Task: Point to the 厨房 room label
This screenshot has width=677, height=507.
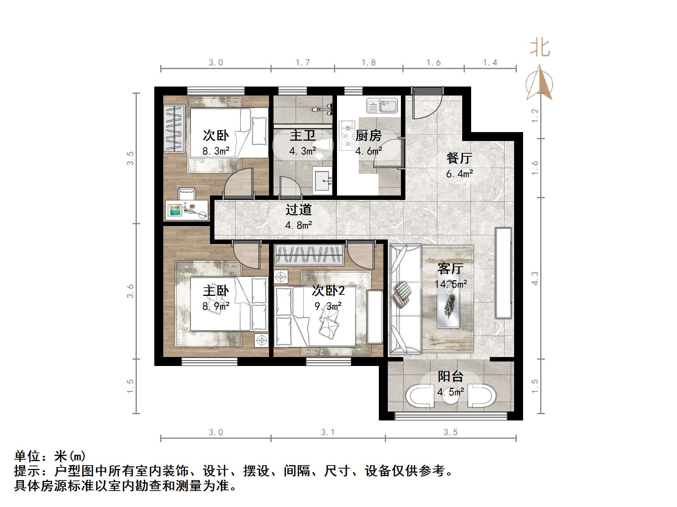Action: [x=368, y=136]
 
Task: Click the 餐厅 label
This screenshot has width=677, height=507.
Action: [x=459, y=158]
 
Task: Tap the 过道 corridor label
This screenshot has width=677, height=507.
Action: [x=299, y=210]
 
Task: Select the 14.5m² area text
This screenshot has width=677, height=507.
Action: [x=451, y=284]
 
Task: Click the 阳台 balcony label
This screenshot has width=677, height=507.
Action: [x=451, y=376]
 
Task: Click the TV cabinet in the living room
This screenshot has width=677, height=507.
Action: [x=503, y=273]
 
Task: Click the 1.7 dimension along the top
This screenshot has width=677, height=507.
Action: [x=303, y=62]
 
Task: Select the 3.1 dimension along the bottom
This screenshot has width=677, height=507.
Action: [x=328, y=432]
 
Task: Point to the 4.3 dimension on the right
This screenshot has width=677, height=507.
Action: [x=535, y=278]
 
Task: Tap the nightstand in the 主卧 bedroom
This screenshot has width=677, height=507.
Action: [x=262, y=340]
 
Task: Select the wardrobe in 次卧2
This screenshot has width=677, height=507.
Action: [x=309, y=255]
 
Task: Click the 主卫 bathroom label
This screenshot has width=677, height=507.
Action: [x=303, y=136]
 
